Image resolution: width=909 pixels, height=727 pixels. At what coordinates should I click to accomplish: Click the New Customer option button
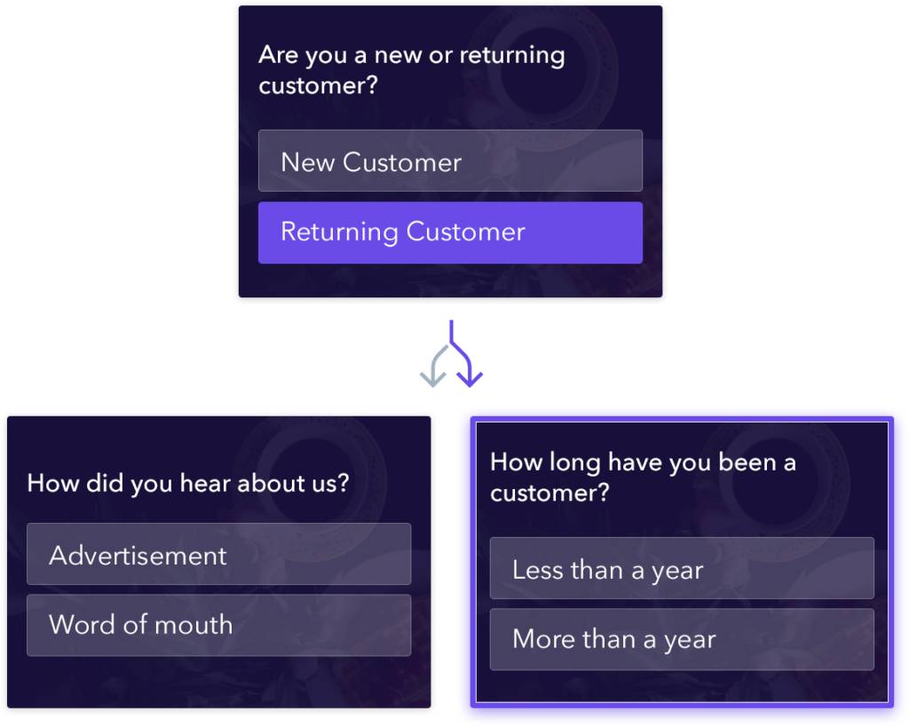coord(450,162)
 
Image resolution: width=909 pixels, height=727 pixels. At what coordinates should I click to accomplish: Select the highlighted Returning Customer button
coord(450,233)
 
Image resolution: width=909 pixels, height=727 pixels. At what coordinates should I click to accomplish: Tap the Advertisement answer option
coord(218,555)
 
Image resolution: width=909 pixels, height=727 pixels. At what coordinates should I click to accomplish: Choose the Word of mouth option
coord(218,625)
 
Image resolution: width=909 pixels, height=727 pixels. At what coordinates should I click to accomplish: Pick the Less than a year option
coord(681,569)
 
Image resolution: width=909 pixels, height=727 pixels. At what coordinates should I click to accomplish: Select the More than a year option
coord(681,639)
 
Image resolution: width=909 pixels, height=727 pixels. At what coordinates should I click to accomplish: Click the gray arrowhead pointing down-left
coord(432,378)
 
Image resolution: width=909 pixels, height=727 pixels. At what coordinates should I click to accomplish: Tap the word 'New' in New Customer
coord(307,162)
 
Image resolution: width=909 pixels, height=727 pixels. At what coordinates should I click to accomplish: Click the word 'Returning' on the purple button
coord(339,233)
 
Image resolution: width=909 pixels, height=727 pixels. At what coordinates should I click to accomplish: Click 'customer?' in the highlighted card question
coord(549,494)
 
